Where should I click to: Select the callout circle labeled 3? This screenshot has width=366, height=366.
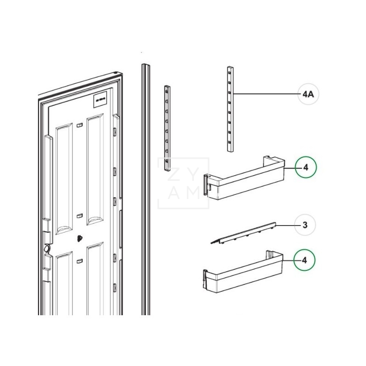pyautogui.click(x=305, y=225)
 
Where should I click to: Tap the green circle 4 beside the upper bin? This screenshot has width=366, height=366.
pyautogui.click(x=306, y=168)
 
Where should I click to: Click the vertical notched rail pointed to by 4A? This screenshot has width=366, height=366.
pyautogui.click(x=230, y=108)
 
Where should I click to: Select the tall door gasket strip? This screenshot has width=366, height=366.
pyautogui.click(x=145, y=183)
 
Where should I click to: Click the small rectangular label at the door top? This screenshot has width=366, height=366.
pyautogui.click(x=101, y=99)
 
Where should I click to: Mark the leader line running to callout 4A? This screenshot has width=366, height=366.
pyautogui.click(x=265, y=94)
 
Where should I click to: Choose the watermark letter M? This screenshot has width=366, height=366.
pyautogui.click(x=192, y=194)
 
